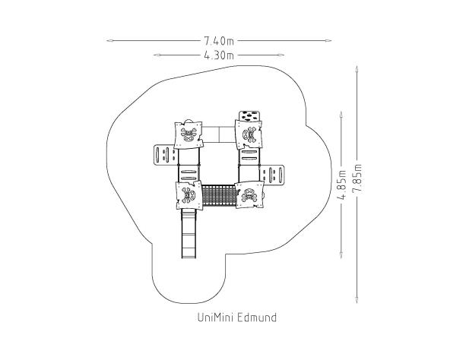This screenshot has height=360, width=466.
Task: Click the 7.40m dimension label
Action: (x=219, y=41)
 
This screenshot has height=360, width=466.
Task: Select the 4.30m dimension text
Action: (x=219, y=55)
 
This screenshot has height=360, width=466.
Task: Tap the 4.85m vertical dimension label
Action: (x=342, y=185)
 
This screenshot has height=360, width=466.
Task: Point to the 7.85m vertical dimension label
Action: (x=357, y=178)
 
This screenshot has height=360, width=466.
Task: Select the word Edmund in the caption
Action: (x=257, y=317)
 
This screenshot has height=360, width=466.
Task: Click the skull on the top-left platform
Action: (x=189, y=134)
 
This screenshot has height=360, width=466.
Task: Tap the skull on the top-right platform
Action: (x=249, y=134)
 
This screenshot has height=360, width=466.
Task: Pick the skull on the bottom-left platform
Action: (x=189, y=195)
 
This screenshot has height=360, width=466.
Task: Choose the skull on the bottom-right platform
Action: (x=249, y=194)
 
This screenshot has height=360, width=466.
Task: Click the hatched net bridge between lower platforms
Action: (x=219, y=195)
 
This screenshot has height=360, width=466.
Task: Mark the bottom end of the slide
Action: (x=189, y=257)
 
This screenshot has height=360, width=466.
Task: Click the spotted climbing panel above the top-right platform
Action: (x=249, y=116)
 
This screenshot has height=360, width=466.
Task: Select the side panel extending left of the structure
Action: (x=166, y=155)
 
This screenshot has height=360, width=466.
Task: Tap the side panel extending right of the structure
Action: (x=272, y=175)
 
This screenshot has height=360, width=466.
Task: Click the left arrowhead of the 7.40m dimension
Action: (x=109, y=41)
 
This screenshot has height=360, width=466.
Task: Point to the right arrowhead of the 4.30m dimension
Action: (x=281, y=55)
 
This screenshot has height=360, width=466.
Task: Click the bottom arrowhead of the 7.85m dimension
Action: (x=357, y=300)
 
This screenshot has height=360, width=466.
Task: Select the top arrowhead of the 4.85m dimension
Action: (x=341, y=115)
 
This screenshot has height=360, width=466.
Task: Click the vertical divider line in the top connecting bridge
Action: (x=219, y=134)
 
